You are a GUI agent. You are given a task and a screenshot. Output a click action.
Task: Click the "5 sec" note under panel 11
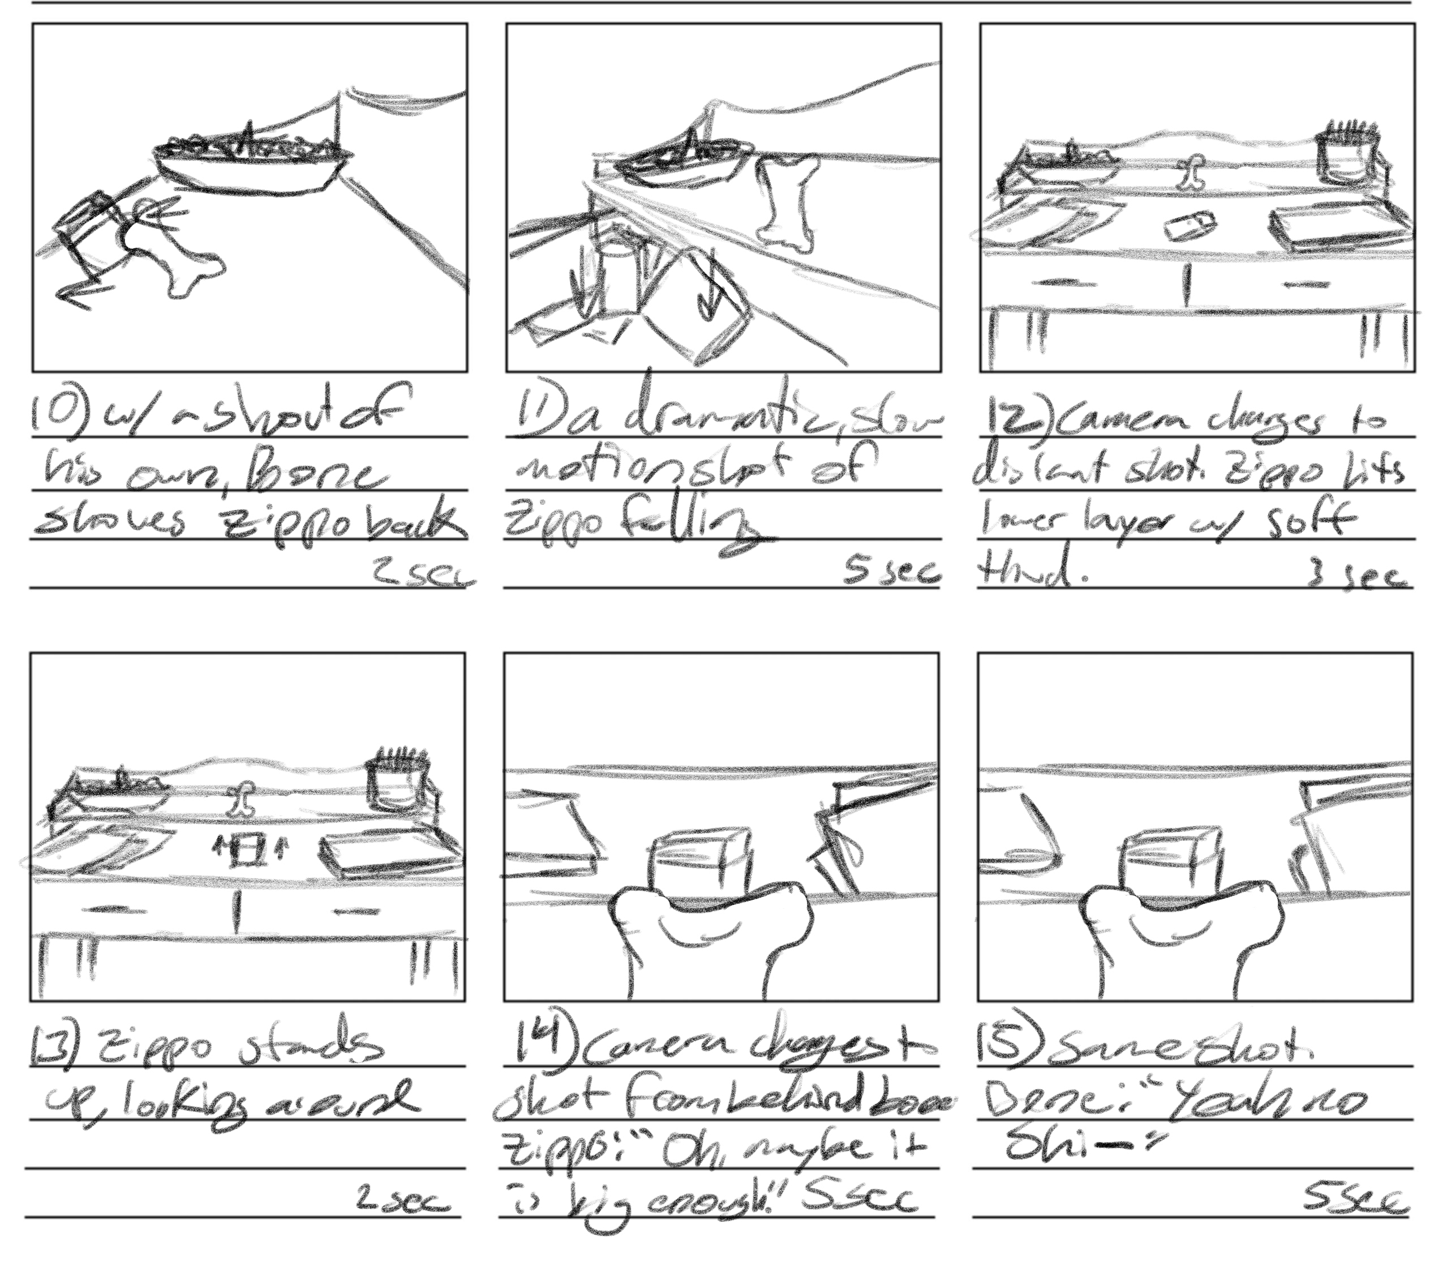[892, 572]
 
